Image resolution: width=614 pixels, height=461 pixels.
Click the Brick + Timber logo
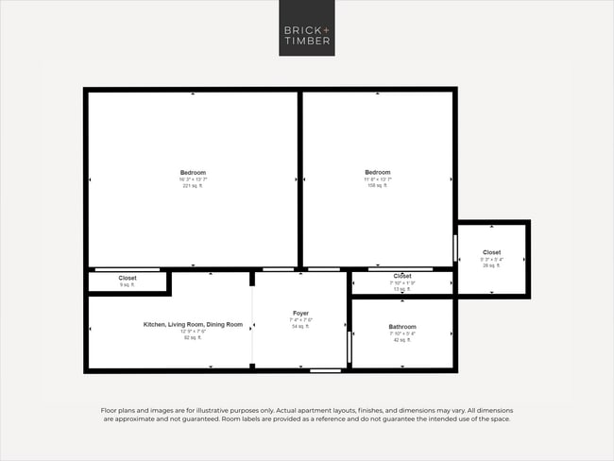coord(306,28)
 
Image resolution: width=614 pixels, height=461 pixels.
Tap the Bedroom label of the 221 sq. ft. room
coord(193,172)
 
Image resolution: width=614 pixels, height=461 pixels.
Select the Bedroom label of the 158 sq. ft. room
coord(378,172)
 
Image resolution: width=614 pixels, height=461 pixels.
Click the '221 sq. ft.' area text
coord(193,186)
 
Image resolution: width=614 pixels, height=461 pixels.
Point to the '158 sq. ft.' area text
coord(378,186)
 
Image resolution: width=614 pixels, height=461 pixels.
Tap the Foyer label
coord(300,313)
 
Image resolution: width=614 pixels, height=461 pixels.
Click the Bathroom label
coord(402,326)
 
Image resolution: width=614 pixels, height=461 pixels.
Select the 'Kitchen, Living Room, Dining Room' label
coord(193,324)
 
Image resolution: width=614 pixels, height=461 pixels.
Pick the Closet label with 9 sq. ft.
coord(128,278)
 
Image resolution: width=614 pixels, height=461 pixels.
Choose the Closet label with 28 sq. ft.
coord(492,252)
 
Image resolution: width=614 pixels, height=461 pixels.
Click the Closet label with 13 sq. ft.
coord(402,276)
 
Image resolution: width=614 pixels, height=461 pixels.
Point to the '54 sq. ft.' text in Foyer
coord(300,327)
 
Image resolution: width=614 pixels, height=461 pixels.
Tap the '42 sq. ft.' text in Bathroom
coord(402,340)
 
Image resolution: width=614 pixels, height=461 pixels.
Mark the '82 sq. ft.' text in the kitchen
coord(193,337)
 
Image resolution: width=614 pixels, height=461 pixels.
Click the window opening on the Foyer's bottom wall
coord(326,369)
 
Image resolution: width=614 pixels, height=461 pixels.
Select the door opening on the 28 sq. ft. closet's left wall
coord(456,251)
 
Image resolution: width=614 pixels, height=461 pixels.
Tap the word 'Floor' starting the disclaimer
coord(110,410)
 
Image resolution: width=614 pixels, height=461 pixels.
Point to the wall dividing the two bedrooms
coord(300,179)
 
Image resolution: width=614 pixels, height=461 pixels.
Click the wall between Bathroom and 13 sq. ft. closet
coord(402,297)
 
